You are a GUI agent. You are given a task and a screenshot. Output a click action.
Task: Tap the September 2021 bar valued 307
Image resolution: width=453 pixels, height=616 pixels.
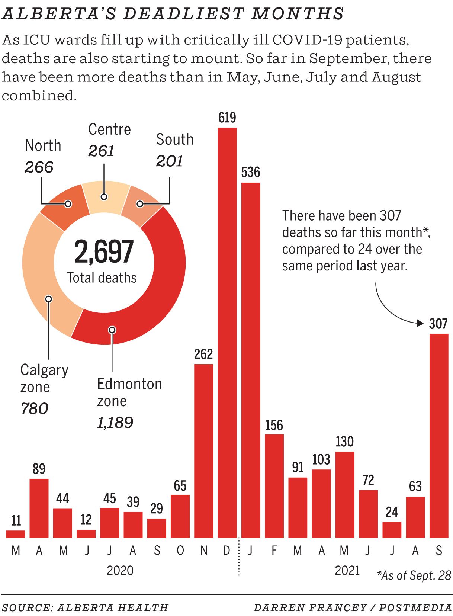(439, 435)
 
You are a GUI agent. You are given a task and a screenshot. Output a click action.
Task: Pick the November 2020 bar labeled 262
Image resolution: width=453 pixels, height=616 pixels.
(203, 450)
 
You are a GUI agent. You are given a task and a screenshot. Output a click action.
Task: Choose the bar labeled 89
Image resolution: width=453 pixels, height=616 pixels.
(39, 508)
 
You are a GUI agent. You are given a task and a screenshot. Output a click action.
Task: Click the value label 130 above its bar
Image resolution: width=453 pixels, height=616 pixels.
(344, 442)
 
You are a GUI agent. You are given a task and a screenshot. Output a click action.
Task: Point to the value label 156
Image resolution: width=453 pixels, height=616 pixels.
(274, 425)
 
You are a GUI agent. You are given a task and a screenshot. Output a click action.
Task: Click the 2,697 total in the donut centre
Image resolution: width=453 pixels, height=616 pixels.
(104, 252)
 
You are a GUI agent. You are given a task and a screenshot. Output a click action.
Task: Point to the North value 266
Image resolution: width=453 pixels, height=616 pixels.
(39, 167)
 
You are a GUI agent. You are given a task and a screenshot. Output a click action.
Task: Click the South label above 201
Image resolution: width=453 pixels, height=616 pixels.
(175, 139)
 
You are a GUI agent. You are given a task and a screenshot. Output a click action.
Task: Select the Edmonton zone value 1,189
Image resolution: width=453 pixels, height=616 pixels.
(115, 423)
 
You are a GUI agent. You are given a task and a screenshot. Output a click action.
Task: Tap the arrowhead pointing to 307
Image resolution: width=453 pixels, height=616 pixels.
(420, 323)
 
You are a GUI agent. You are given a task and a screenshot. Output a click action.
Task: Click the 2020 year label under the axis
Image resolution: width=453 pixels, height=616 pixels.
(120, 570)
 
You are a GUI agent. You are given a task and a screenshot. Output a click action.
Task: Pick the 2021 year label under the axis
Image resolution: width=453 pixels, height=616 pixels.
(347, 570)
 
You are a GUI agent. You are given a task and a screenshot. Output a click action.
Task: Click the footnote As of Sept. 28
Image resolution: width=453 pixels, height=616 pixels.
(414, 575)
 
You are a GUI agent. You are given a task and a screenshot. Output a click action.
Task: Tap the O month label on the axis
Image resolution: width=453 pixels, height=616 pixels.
(180, 550)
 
